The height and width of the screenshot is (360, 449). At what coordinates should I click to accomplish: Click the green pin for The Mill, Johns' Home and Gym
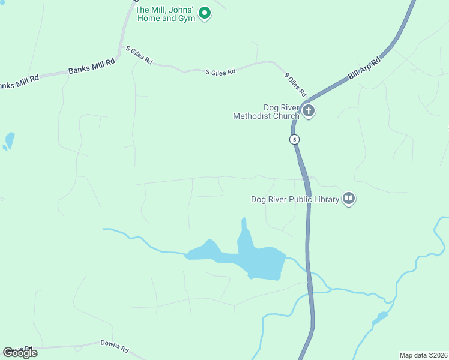pos(205,12)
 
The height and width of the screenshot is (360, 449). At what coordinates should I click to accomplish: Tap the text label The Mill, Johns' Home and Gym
pos(164,14)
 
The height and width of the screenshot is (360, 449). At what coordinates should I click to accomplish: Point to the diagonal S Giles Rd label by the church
pos(295,85)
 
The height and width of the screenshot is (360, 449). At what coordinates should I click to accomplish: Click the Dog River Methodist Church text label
pos(266,112)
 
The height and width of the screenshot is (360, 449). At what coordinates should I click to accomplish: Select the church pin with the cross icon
pos(309,110)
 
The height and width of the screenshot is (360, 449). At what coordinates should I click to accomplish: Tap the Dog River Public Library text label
pos(295,199)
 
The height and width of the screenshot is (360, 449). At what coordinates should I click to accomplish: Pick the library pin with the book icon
pos(349,198)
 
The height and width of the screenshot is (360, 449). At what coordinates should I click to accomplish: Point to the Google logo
pos(20,352)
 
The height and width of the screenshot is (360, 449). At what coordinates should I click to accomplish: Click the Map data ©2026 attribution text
pos(423,355)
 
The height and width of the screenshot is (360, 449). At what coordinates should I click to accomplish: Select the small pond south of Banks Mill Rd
pos(9,140)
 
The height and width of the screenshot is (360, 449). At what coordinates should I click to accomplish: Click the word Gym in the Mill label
pos(187,19)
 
